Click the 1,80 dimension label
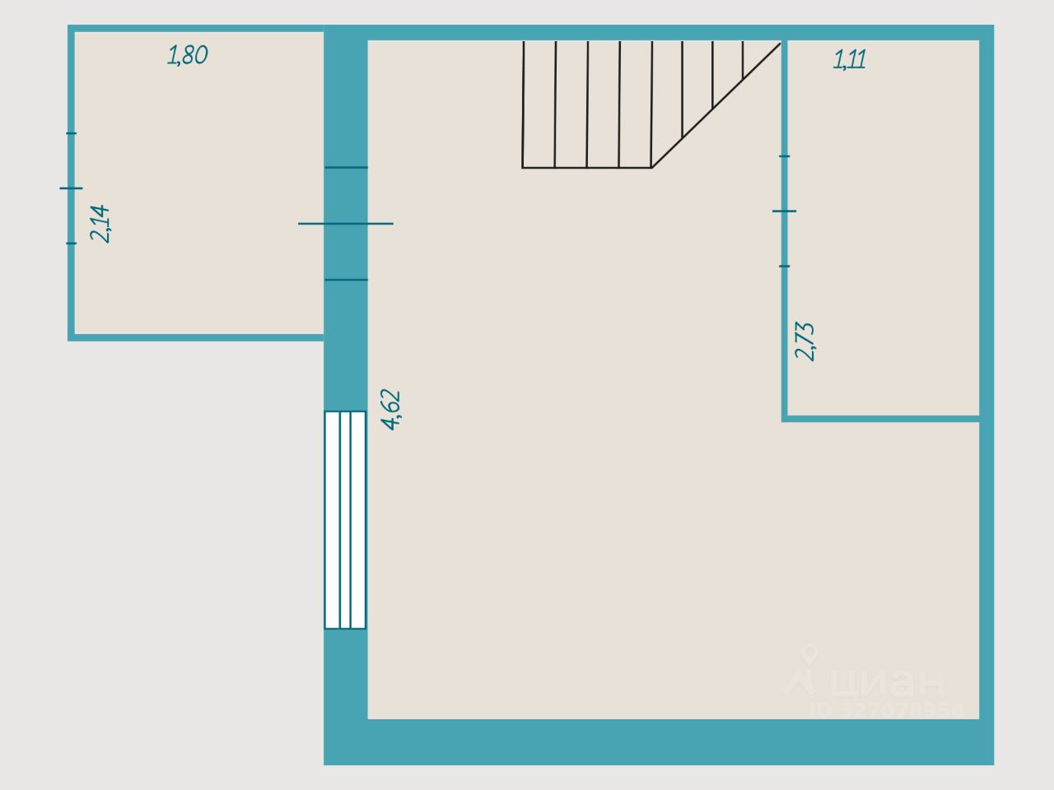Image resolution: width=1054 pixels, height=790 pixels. (188, 55)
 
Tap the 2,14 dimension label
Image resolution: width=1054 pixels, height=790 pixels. (100, 223)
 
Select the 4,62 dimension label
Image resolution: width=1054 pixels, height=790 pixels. (391, 409)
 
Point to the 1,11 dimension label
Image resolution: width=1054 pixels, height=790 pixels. (850, 60)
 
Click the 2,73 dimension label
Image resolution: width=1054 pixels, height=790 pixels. (805, 341)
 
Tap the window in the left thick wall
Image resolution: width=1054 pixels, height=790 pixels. (345, 519)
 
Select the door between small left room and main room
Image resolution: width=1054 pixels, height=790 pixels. (346, 223)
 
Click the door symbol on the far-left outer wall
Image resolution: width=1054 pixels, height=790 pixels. (72, 188)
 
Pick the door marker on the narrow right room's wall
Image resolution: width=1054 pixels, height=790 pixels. (785, 211)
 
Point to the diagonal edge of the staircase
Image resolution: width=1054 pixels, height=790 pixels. (716, 105)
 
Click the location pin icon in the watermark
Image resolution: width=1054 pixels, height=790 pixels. (810, 656)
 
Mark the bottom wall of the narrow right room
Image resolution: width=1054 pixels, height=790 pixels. (881, 419)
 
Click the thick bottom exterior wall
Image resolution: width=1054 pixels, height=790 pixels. (659, 742)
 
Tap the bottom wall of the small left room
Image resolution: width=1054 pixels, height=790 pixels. (198, 337)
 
